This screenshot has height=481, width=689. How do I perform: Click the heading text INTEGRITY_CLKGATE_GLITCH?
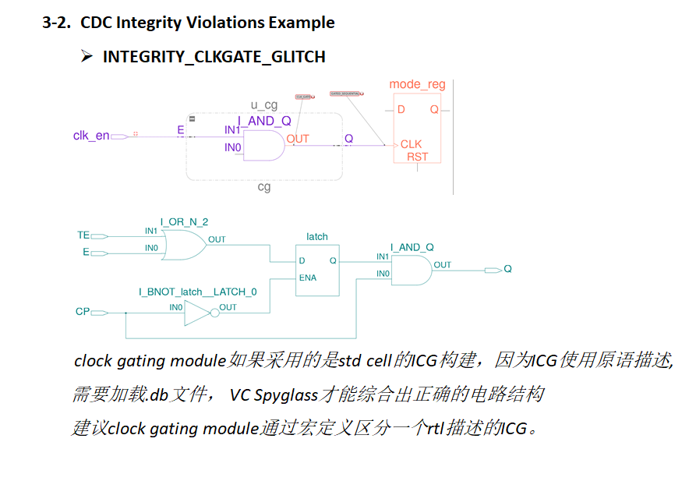[x=214, y=56]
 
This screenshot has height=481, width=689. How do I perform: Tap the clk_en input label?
[x=91, y=136]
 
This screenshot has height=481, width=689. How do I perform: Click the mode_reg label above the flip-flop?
[x=417, y=84]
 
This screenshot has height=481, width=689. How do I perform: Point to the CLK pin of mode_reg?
[x=411, y=144]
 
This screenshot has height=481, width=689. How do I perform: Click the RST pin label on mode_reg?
[x=418, y=157]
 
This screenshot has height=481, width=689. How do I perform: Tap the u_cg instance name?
[x=264, y=104]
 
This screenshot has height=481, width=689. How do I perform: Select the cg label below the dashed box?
[x=264, y=187]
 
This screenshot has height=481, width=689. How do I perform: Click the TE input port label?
[x=83, y=235]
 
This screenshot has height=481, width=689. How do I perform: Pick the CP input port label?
[x=83, y=312]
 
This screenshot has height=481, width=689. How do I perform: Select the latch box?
[x=317, y=270]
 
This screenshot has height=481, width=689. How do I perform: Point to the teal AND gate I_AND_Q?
[x=412, y=270]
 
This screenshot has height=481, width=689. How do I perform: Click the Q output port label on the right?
[x=507, y=269]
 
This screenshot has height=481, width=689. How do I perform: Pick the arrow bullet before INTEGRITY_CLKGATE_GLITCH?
[x=87, y=56]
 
